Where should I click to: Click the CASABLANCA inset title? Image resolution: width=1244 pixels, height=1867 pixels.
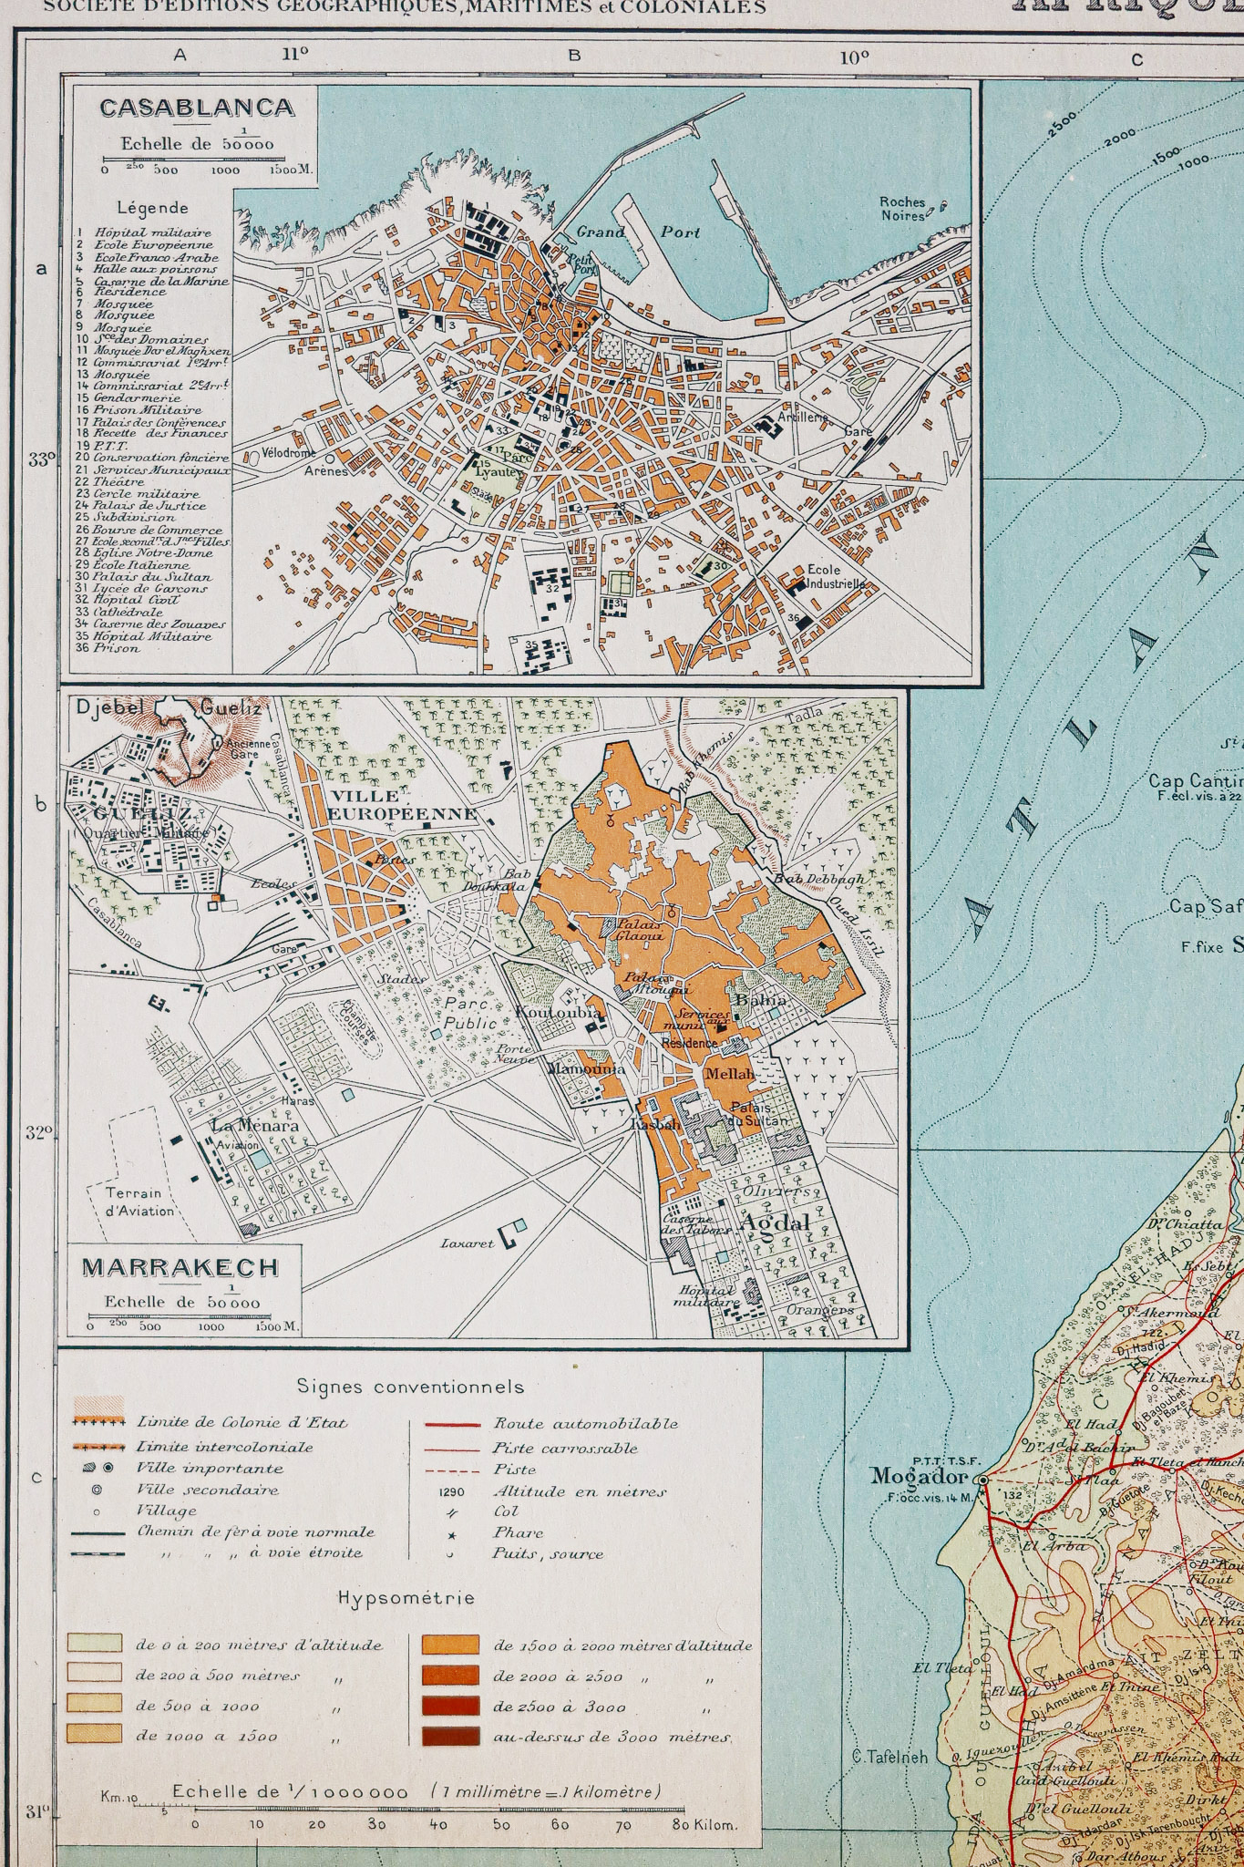pos(197,108)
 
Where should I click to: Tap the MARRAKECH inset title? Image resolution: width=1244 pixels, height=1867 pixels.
pos(180,1267)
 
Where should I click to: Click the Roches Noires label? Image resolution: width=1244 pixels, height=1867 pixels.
pos(902,209)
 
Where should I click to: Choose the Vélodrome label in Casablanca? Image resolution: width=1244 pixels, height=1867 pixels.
pos(288,453)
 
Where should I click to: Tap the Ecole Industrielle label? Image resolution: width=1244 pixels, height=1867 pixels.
pos(835,576)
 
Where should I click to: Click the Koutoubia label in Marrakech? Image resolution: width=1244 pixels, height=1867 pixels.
pos(559,1012)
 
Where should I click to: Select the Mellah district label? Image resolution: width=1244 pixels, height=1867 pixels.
pos(730,1074)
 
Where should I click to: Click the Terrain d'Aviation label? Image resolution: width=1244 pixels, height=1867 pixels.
pos(139,1202)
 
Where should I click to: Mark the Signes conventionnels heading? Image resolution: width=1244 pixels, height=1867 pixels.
pos(410,1387)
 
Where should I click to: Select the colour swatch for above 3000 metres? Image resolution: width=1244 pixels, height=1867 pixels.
pos(450,1736)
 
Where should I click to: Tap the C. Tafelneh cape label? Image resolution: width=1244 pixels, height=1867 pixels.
pos(889,1757)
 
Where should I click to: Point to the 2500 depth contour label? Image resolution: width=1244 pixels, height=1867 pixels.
pos(1062,123)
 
